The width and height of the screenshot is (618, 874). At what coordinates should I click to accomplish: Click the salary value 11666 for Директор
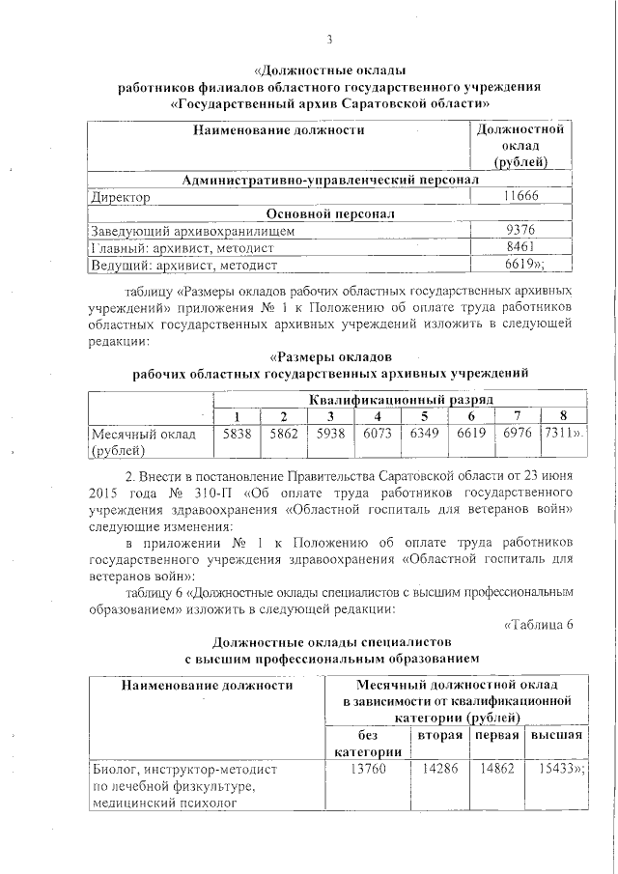[x=520, y=197]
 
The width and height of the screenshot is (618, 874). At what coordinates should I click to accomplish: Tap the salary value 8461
[x=520, y=246]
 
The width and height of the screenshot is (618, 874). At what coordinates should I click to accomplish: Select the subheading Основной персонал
[x=330, y=213]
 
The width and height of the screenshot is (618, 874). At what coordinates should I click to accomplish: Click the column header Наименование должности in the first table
[x=278, y=129]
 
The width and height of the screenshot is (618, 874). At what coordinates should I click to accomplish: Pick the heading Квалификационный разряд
[x=401, y=399]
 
